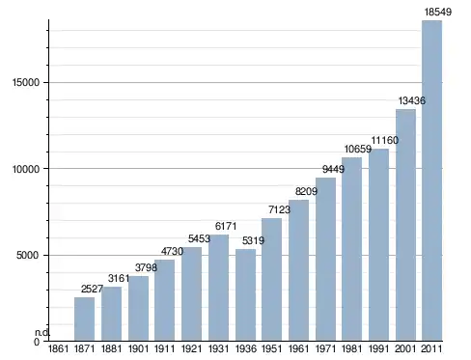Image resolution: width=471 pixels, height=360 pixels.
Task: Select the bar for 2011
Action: pyautogui.click(x=431, y=180)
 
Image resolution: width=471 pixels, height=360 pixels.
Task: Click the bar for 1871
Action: pyautogui.click(x=84, y=318)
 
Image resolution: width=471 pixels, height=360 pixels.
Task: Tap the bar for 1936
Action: pyautogui.click(x=245, y=294)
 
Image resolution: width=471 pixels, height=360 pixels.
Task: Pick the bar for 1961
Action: pyautogui.click(x=298, y=270)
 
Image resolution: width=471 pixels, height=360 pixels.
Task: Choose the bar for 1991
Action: pyautogui.click(x=378, y=245)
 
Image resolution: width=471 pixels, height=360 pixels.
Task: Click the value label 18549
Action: pyautogui.click(x=438, y=12)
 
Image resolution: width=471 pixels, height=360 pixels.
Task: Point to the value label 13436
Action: pyautogui.click(x=412, y=100)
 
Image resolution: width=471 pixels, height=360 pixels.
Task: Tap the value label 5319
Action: pyautogui.click(x=253, y=240)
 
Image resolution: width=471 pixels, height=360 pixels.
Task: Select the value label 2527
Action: pyautogui.click(x=92, y=289)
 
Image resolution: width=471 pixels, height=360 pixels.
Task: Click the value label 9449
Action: pyautogui.click(x=333, y=169)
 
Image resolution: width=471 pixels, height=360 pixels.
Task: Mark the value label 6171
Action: pyautogui.click(x=226, y=226)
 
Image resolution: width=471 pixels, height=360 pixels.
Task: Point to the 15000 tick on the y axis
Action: pyautogui.click(x=26, y=82)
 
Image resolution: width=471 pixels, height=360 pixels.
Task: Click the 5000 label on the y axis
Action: pyautogui.click(x=28, y=256)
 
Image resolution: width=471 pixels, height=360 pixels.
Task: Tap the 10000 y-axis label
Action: pyautogui.click(x=26, y=169)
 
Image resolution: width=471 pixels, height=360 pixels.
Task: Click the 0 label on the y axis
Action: pyautogui.click(x=37, y=342)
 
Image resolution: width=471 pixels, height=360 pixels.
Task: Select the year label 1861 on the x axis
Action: pyautogui.click(x=58, y=348)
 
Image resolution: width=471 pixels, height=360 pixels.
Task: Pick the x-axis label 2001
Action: pyautogui.click(x=405, y=348)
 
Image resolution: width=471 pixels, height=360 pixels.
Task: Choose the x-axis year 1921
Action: pyautogui.click(x=191, y=348)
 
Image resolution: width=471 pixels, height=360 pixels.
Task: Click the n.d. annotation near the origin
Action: pyautogui.click(x=42, y=333)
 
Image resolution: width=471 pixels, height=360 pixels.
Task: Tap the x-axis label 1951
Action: pyautogui.click(x=272, y=348)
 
